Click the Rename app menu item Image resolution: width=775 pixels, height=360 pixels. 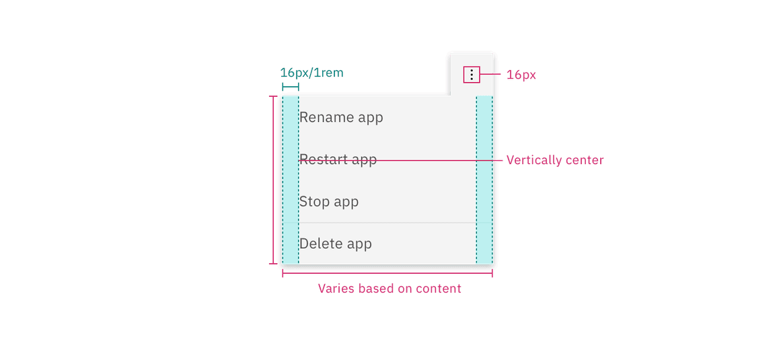341,117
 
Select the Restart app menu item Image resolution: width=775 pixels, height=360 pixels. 338,159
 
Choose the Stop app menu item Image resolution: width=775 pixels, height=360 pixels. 329,201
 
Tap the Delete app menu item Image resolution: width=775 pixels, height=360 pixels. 336,244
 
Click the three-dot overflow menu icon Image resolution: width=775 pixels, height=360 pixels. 472,75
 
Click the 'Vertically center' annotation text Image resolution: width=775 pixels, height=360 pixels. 555,160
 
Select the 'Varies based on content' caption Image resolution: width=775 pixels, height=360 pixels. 390,289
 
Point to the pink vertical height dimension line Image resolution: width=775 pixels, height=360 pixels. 273,180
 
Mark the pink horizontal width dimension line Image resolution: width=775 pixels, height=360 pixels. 387,273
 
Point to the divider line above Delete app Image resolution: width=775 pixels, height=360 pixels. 387,222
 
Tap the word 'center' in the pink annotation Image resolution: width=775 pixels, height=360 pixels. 584,160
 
